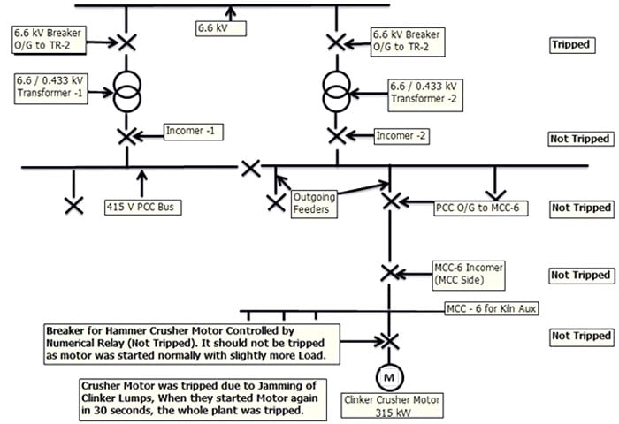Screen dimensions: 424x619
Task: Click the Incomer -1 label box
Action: point(195,132)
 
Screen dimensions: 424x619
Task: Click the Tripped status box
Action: point(569,44)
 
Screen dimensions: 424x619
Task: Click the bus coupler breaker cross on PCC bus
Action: point(251,167)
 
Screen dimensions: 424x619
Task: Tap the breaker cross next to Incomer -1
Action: point(126,136)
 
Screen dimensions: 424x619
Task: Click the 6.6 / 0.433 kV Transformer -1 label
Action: point(50,89)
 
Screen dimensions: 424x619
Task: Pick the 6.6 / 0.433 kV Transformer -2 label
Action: point(424,92)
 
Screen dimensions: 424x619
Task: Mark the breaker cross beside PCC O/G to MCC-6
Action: point(390,201)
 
